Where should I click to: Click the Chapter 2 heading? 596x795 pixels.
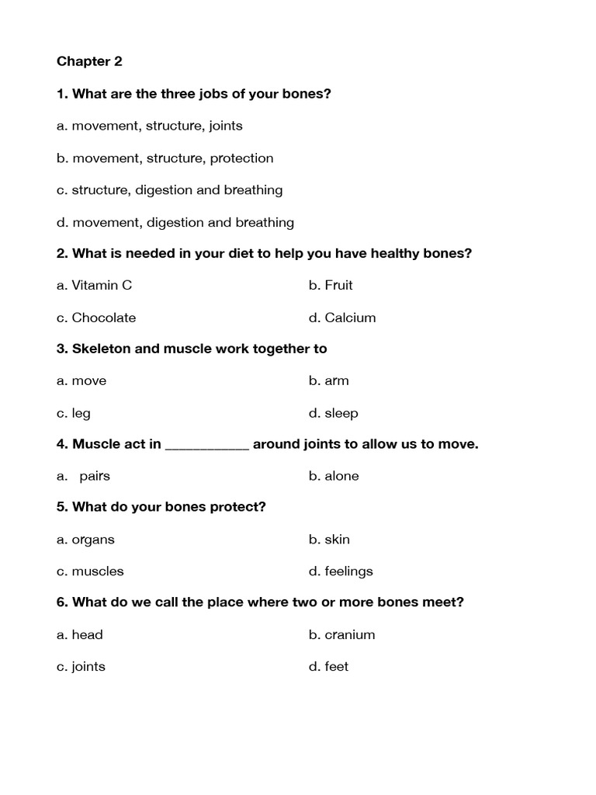(x=89, y=61)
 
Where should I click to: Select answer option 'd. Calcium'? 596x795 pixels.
(x=341, y=318)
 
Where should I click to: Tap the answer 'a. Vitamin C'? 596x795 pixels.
(x=94, y=285)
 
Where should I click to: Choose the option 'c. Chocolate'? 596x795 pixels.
(x=95, y=318)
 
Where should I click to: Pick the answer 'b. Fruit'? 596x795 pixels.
(x=331, y=285)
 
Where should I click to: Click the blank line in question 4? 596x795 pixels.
(x=207, y=446)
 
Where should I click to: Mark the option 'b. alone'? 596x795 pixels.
(x=334, y=476)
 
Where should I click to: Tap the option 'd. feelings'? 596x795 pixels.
(x=341, y=571)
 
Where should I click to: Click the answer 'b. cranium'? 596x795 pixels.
(x=341, y=634)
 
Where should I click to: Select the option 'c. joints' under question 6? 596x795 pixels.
(x=81, y=667)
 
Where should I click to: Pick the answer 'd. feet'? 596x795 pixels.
(x=328, y=666)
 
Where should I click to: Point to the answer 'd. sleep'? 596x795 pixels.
(x=333, y=413)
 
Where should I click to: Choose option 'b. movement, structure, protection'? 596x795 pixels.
(x=165, y=158)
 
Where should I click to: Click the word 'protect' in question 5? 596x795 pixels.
(x=241, y=507)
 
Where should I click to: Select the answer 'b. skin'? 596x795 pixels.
(x=329, y=540)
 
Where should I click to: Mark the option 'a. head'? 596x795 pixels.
(x=79, y=634)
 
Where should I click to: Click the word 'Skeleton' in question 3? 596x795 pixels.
(x=101, y=349)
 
